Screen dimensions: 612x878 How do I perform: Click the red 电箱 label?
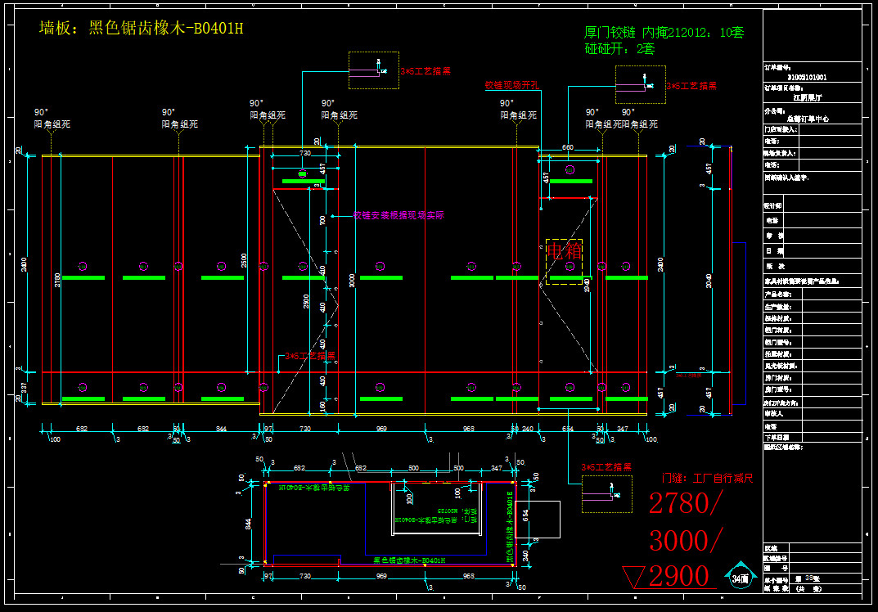pyautogui.click(x=565, y=250)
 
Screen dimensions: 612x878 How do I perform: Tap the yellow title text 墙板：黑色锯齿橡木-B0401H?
pyautogui.click(x=142, y=29)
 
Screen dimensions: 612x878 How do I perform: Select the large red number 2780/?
pyautogui.click(x=686, y=504)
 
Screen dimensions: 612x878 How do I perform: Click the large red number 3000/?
pyautogui.click(x=686, y=540)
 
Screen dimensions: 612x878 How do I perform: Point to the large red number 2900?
pyautogui.click(x=678, y=576)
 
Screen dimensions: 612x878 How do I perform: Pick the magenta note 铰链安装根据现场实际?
pyautogui.click(x=399, y=216)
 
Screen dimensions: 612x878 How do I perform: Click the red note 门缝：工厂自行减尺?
pyautogui.click(x=707, y=478)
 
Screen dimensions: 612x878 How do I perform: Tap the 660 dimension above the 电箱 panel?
pyautogui.click(x=567, y=148)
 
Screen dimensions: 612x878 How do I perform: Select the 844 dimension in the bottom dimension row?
pyautogui.click(x=221, y=429)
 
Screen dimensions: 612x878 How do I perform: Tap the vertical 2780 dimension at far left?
pyautogui.click(x=56, y=279)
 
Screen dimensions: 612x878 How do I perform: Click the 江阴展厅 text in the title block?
pyautogui.click(x=806, y=97)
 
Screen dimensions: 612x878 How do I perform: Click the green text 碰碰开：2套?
pyautogui.click(x=619, y=49)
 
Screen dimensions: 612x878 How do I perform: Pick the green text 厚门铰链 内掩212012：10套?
pyautogui.click(x=664, y=33)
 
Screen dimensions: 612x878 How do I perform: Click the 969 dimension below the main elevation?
pyautogui.click(x=381, y=429)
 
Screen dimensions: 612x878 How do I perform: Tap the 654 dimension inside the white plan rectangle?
pyautogui.click(x=526, y=515)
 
